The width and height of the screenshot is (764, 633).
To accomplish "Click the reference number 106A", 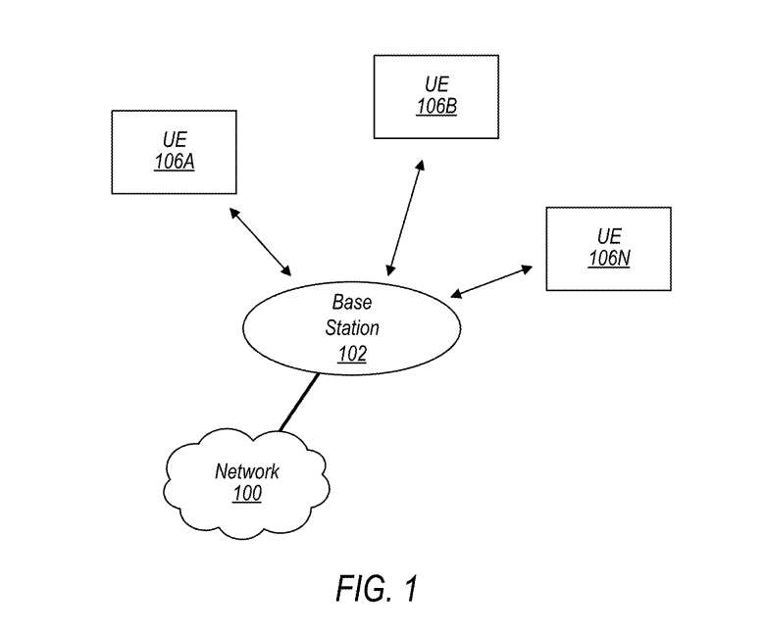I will pyautogui.click(x=174, y=162).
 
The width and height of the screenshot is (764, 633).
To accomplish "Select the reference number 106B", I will pyautogui.click(x=435, y=106).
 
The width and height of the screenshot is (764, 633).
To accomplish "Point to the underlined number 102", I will pyautogui.click(x=351, y=354).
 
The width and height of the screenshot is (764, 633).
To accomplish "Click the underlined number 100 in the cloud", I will pyautogui.click(x=247, y=493).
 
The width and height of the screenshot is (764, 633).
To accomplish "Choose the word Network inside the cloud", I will pyautogui.click(x=247, y=471).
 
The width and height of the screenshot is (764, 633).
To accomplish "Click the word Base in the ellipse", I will pyautogui.click(x=351, y=302).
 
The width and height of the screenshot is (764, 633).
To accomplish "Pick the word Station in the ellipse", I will pyautogui.click(x=351, y=328).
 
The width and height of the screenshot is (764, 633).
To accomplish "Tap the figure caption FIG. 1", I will pyautogui.click(x=377, y=589).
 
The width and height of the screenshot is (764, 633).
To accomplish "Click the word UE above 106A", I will pyautogui.click(x=174, y=140).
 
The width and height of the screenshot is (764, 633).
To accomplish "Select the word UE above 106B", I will pyautogui.click(x=435, y=84).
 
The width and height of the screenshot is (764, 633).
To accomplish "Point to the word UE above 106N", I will pyautogui.click(x=608, y=236).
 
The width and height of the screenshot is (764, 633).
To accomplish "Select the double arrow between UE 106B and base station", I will pyautogui.click(x=406, y=218).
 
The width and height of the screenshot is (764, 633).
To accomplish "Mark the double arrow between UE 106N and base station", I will pyautogui.click(x=490, y=280).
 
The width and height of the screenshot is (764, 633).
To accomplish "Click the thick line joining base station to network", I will pyautogui.click(x=299, y=402).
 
